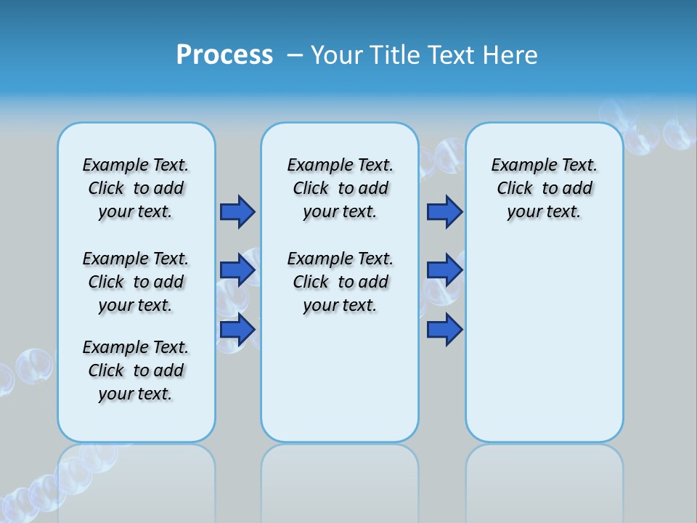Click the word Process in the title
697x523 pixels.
[224, 55]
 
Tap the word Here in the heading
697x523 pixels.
[509, 55]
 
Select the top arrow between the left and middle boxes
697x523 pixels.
[237, 211]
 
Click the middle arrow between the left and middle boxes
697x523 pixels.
[237, 270]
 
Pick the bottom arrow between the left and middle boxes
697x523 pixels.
[237, 330]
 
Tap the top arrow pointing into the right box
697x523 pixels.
[444, 211]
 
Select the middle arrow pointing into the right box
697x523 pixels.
[444, 270]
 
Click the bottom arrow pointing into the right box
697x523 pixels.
[444, 330]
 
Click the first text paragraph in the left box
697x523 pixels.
[136, 188]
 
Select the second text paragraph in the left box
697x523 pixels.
[136, 282]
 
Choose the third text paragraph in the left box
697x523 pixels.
[136, 370]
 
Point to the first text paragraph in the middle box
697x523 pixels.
[340, 188]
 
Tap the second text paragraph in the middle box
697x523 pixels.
[340, 282]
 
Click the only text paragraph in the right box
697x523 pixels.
[544, 188]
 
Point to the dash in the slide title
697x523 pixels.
[295, 55]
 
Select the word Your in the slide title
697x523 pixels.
[338, 55]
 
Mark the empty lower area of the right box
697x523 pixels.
[544, 341]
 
